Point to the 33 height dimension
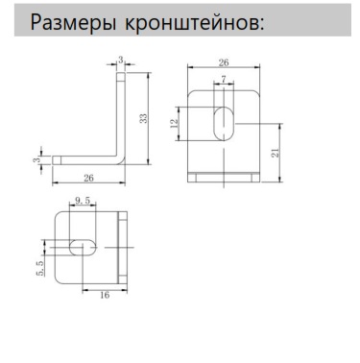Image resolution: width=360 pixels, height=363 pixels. [143, 117]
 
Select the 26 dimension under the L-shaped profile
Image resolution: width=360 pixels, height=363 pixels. [87, 177]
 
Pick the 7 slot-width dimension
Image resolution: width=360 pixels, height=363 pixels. [224, 79]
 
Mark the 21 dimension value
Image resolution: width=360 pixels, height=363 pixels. [275, 152]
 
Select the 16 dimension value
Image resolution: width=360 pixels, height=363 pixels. [104, 294]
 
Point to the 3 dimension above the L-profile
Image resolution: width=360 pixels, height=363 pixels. [120, 60]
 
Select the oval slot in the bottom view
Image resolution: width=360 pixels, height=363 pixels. [82, 247]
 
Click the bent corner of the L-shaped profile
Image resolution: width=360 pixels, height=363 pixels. [120, 157]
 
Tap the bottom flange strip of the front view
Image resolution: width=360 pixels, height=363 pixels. [224, 175]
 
